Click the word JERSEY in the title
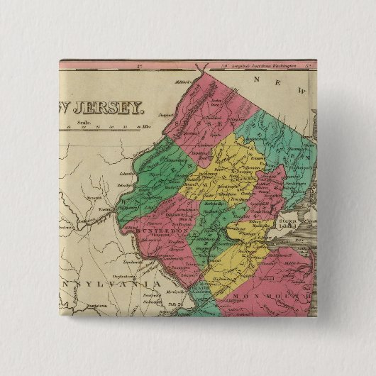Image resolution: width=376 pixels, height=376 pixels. tap(114, 109)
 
